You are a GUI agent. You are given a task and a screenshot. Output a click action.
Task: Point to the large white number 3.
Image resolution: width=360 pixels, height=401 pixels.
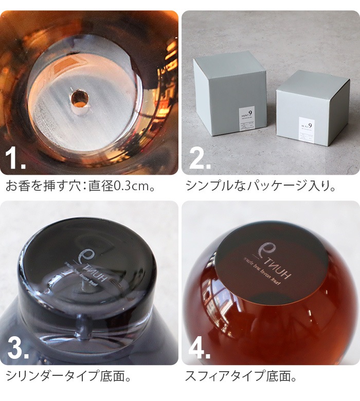pos(17,349)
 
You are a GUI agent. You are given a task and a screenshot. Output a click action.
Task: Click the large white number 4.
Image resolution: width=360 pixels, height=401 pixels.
pos(200,349)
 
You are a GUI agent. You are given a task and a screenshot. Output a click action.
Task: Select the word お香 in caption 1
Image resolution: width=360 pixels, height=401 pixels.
pos(16,186)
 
